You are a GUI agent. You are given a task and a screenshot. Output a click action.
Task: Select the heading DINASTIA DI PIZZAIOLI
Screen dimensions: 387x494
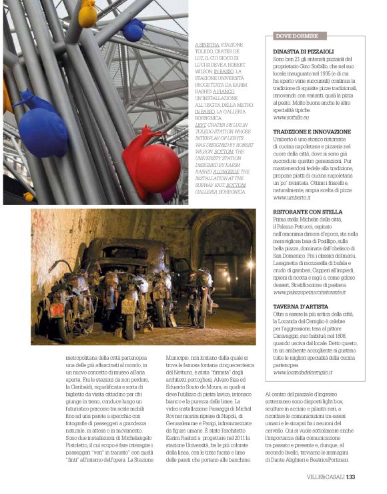tap(304, 51)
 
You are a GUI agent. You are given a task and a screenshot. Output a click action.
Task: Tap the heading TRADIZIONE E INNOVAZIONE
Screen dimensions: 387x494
tap(312, 132)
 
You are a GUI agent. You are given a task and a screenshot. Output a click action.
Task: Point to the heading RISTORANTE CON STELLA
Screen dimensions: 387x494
tap(307, 212)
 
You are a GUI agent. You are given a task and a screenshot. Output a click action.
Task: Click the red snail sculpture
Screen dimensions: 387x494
tap(154, 164)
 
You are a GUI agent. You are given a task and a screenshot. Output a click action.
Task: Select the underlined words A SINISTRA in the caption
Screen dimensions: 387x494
tap(208, 43)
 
